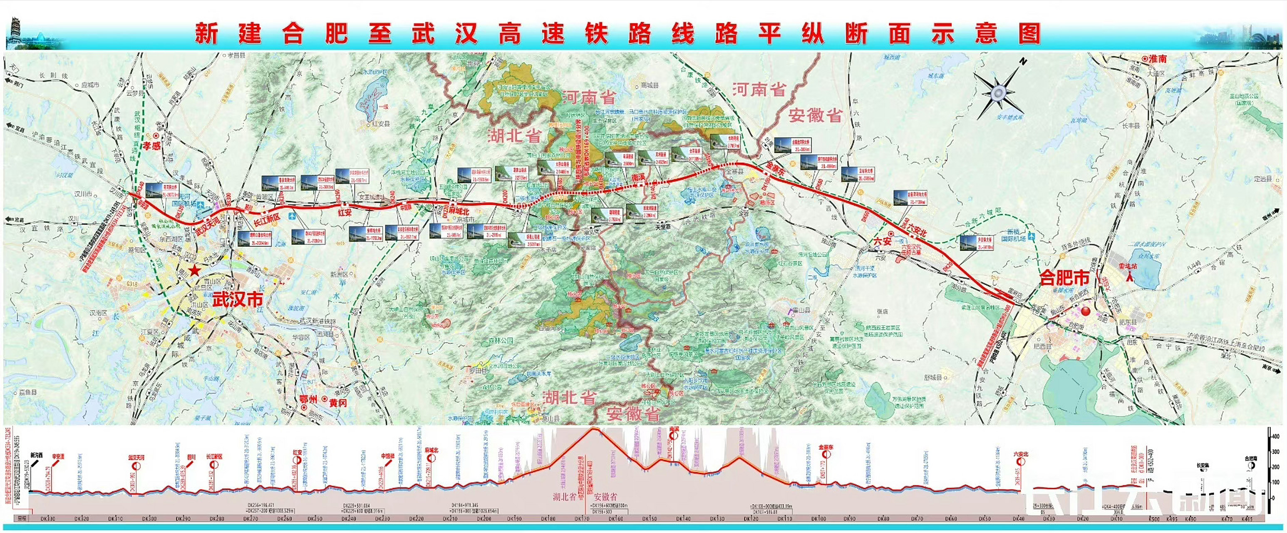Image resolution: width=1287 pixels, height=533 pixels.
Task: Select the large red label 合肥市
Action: (1064, 278)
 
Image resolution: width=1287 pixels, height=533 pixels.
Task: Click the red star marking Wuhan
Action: (194, 271)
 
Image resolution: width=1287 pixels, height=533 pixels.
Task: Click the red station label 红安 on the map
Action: (344, 212)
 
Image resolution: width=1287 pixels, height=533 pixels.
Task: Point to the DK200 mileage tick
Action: (484, 519)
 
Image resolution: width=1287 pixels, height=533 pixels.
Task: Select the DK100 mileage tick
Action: (818, 519)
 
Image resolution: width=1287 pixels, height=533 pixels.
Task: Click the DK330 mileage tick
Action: (48, 519)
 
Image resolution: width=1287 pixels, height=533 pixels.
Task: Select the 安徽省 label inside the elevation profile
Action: (605, 497)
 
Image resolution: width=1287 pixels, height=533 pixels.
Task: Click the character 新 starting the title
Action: (206, 35)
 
